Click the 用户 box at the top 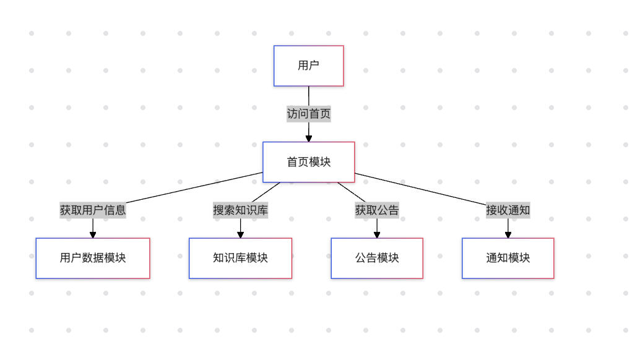(308, 66)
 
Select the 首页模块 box (308, 162)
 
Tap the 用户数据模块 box (93, 258)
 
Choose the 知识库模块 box (240, 258)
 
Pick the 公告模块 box (377, 258)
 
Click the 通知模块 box (508, 258)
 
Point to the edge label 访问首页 (308, 114)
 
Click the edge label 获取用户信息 (93, 210)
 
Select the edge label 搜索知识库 (240, 210)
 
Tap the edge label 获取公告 (377, 210)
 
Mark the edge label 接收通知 (508, 210)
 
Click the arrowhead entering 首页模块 (308, 138)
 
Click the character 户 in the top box (314, 66)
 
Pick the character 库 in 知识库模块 (240, 258)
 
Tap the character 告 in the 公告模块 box (371, 258)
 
